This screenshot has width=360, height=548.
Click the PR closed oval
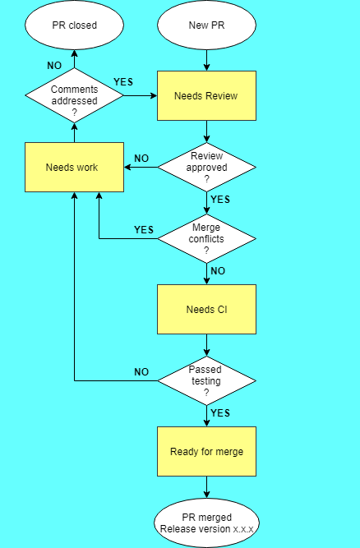[74, 25]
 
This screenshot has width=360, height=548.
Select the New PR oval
[205, 25]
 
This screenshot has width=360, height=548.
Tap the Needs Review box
[206, 96]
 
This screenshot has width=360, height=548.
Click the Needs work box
[74, 168]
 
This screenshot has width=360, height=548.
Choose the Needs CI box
[206, 310]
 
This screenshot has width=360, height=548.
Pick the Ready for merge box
[206, 452]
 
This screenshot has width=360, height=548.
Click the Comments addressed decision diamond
[74, 96]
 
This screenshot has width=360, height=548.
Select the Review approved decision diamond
[206, 168]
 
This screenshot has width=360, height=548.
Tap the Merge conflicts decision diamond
[206, 239]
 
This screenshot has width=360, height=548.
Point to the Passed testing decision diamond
[206, 381]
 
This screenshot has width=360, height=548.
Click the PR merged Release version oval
[206, 523]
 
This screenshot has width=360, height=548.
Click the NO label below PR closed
[54, 65]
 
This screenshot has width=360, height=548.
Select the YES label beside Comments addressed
[123, 82]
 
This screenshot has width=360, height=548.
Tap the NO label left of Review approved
[141, 159]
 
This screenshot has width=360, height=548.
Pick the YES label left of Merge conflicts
[144, 230]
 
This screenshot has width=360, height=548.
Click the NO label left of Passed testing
[141, 372]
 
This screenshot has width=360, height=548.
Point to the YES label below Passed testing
[220, 412]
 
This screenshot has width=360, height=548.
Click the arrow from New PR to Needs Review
[206, 60]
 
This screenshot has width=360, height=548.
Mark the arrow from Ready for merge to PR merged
[206, 488]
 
